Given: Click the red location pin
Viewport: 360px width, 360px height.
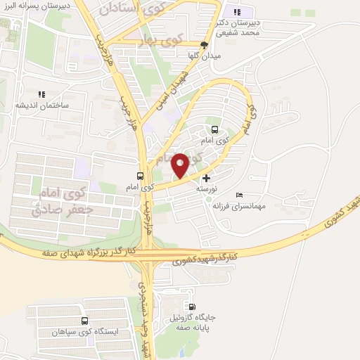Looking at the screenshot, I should point(181,166).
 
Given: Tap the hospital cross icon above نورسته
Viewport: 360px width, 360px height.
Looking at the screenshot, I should point(206,179).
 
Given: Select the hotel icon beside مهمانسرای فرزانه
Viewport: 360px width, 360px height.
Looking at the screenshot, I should point(240,195).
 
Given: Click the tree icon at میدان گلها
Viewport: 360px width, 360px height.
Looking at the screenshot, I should point(205,44).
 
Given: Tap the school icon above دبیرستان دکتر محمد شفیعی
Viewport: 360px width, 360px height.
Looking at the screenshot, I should point(237,12).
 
